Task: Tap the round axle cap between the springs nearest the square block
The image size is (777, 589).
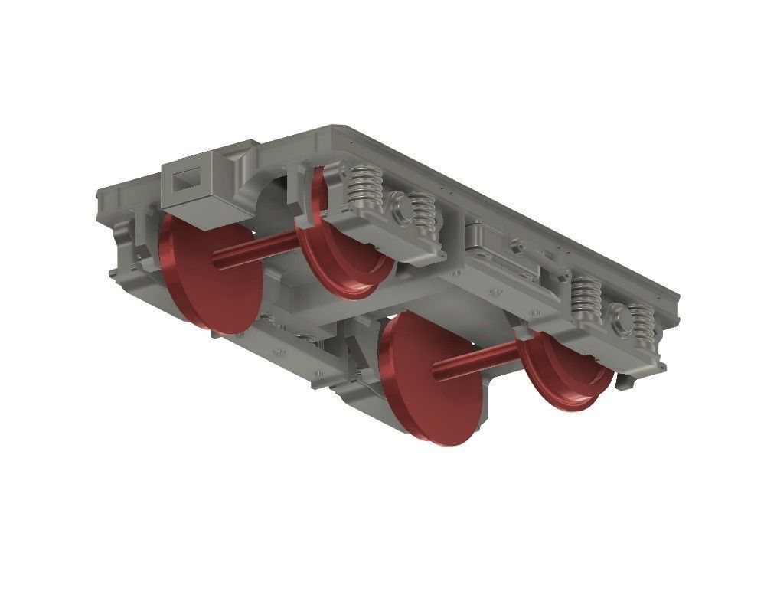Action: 397,205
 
